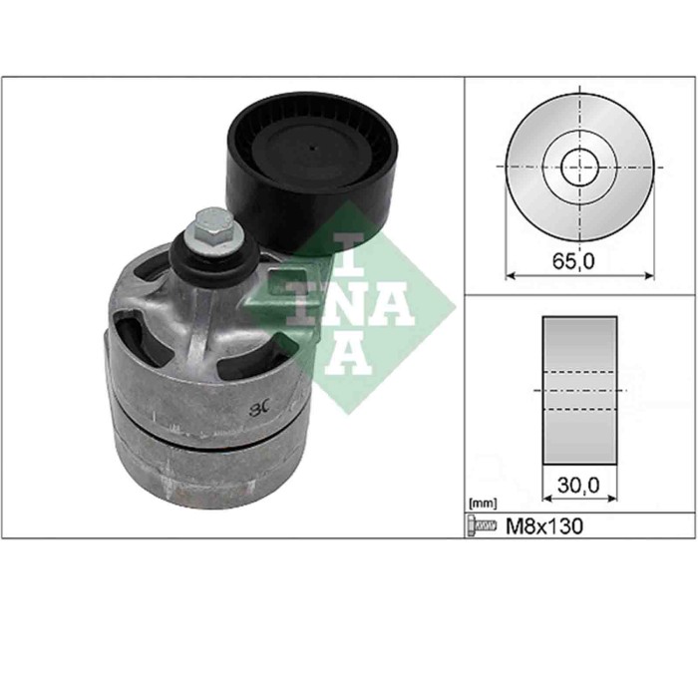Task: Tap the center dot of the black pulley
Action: coord(313,149)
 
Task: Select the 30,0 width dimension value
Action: coord(579,485)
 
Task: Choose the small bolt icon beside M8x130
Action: coord(483,525)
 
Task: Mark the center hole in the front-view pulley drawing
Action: coord(579,167)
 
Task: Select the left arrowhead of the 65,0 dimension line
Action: coord(510,275)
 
